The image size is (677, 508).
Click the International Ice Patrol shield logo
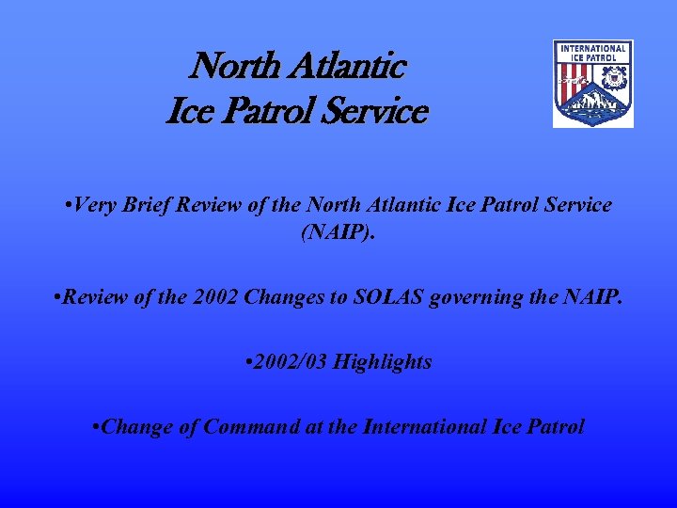(x=592, y=84)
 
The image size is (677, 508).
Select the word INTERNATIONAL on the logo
(x=592, y=48)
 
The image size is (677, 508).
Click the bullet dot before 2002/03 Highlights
(x=246, y=363)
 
